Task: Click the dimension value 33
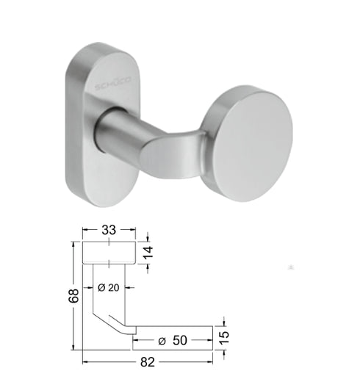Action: coord(107,231)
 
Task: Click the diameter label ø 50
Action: coord(173,341)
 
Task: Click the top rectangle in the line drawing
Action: coord(108,253)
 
